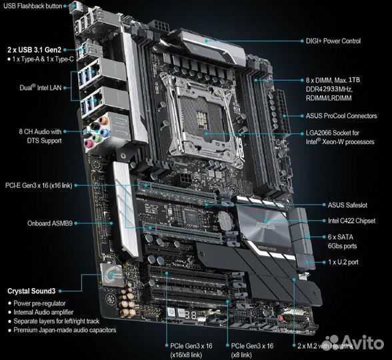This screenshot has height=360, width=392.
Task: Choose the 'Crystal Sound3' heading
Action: click(31, 291)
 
